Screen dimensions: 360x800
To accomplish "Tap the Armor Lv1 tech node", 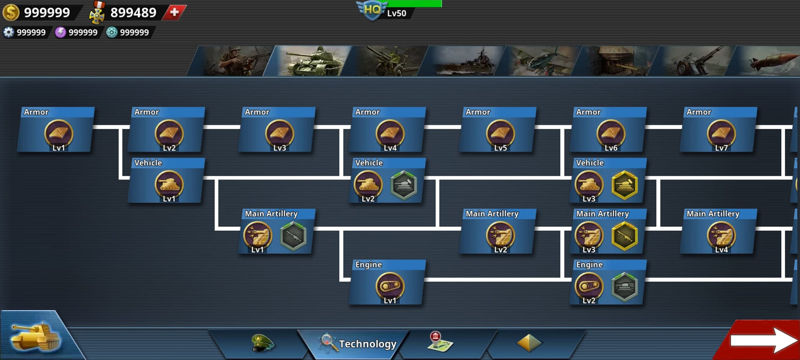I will [x=59, y=133].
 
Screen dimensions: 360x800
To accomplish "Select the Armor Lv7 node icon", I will [x=721, y=133].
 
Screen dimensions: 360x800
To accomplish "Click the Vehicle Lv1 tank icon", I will [x=169, y=184].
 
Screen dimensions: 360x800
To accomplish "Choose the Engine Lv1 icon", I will [x=390, y=286].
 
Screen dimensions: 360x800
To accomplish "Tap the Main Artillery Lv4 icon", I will [x=721, y=235].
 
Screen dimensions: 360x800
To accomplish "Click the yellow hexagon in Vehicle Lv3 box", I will [x=624, y=185].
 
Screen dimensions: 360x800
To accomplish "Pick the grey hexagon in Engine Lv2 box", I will [x=624, y=287].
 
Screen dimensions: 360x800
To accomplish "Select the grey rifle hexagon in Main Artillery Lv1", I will [x=293, y=236].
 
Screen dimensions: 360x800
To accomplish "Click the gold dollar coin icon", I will [x=11, y=12].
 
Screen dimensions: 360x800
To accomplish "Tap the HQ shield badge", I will [x=371, y=9].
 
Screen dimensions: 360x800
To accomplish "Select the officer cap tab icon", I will [x=262, y=343].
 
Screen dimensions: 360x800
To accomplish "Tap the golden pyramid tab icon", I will [x=529, y=343].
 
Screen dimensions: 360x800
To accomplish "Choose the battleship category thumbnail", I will [x=466, y=61].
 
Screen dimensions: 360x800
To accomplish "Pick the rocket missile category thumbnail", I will [x=767, y=61].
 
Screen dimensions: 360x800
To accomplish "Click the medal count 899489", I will [x=133, y=12].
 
